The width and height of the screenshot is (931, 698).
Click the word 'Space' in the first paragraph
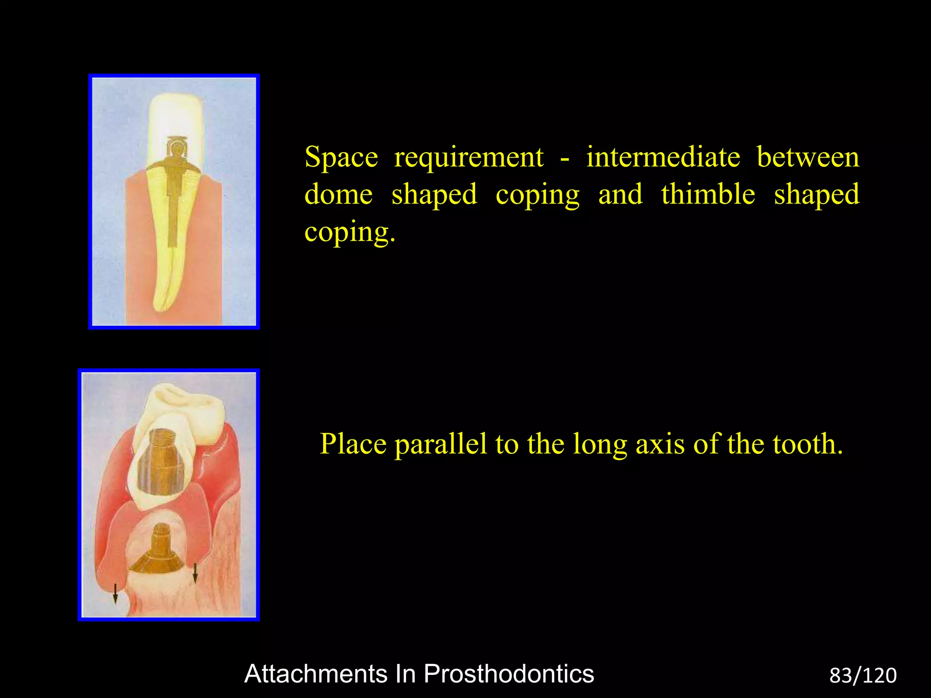coord(341,157)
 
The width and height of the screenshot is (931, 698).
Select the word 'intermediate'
coord(663,157)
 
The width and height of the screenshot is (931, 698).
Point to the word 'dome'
coord(338,194)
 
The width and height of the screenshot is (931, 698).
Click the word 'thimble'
coord(708,194)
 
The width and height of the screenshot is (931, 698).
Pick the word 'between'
coord(808,157)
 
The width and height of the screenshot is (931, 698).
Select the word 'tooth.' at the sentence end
coord(808,444)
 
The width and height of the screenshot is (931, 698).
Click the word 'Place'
coord(353,444)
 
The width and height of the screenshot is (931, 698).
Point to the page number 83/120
coord(863,676)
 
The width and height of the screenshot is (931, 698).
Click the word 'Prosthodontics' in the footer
coord(509,673)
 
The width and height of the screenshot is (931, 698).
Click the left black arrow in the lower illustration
coord(115,593)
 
